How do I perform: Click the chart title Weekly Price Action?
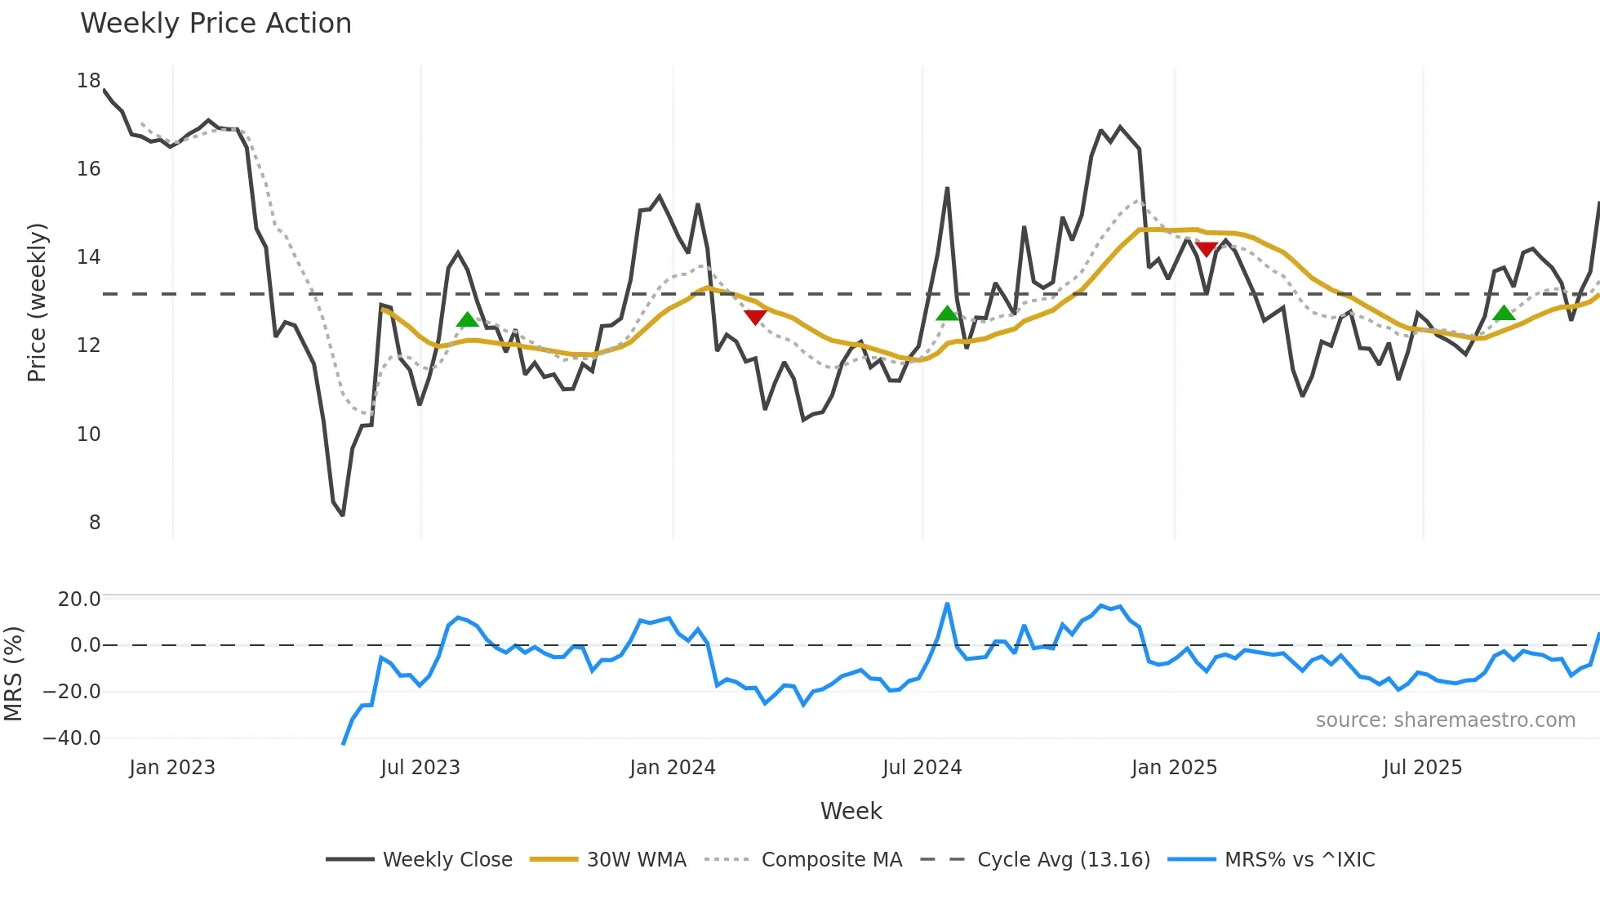[x=216, y=24]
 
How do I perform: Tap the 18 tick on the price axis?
[x=88, y=81]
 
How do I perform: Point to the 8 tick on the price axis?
[x=95, y=523]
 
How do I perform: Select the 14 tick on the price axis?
[x=88, y=257]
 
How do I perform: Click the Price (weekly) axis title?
[x=37, y=302]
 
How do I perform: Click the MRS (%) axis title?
[x=13, y=674]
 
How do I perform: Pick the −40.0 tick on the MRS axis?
[x=72, y=738]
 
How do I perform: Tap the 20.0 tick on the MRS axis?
[x=78, y=599]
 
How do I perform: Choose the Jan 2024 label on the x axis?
[x=672, y=768]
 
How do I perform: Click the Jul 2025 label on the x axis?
[x=1422, y=768]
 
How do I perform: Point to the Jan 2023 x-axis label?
[x=172, y=768]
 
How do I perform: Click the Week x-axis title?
[x=851, y=811]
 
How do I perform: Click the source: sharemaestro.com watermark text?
[x=1445, y=720]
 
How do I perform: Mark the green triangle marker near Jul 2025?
[x=1504, y=313]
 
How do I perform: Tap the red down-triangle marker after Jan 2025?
[x=1206, y=249]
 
